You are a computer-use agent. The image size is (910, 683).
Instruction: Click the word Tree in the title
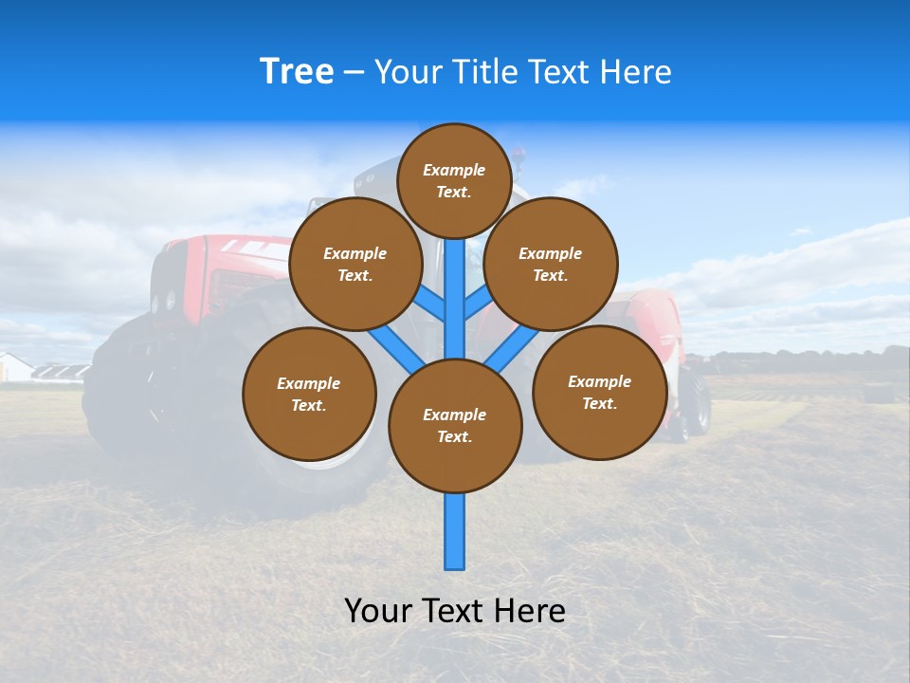[297, 72]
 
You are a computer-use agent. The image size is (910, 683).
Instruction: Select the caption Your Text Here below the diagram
[455, 611]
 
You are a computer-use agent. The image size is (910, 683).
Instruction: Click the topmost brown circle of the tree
[454, 180]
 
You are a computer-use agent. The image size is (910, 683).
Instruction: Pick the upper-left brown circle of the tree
[355, 265]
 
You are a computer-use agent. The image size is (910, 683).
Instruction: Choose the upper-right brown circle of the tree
[551, 265]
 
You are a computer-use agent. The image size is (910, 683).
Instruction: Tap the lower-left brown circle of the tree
[309, 395]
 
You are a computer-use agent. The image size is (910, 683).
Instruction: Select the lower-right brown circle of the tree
[599, 393]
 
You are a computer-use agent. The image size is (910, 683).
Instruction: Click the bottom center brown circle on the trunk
[455, 426]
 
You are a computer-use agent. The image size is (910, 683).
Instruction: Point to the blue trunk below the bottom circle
[455, 531]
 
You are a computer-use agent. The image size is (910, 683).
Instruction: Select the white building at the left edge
[13, 367]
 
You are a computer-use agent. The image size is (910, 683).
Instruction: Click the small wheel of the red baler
[699, 402]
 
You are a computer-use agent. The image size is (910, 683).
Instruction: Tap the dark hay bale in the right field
[879, 392]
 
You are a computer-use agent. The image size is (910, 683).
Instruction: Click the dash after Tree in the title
[354, 73]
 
